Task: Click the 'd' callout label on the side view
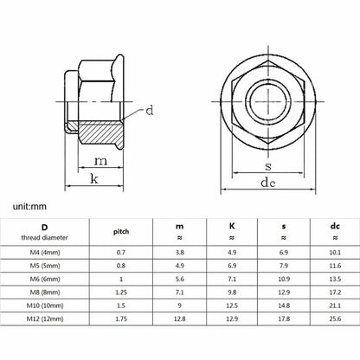tap(150, 110)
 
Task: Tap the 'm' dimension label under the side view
tap(100, 161)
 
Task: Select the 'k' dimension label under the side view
tap(94, 179)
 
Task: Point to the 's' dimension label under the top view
tap(268, 166)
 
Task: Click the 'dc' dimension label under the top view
tap(268, 183)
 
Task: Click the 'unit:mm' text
tap(29, 207)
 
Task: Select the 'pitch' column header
tap(121, 232)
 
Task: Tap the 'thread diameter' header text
tap(44, 238)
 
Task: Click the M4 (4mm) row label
tap(45, 253)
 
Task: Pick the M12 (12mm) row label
tap(45, 318)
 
